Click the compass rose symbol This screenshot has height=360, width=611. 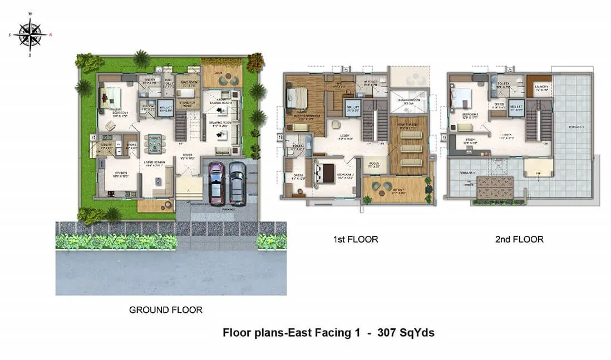31,34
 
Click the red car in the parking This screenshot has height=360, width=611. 216,183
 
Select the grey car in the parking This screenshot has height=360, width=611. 237,183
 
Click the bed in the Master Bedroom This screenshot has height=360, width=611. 295,100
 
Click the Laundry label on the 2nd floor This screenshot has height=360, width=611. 538,87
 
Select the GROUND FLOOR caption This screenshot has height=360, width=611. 166,309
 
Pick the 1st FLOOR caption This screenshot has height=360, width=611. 356,239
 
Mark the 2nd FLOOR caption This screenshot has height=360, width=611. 519,239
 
